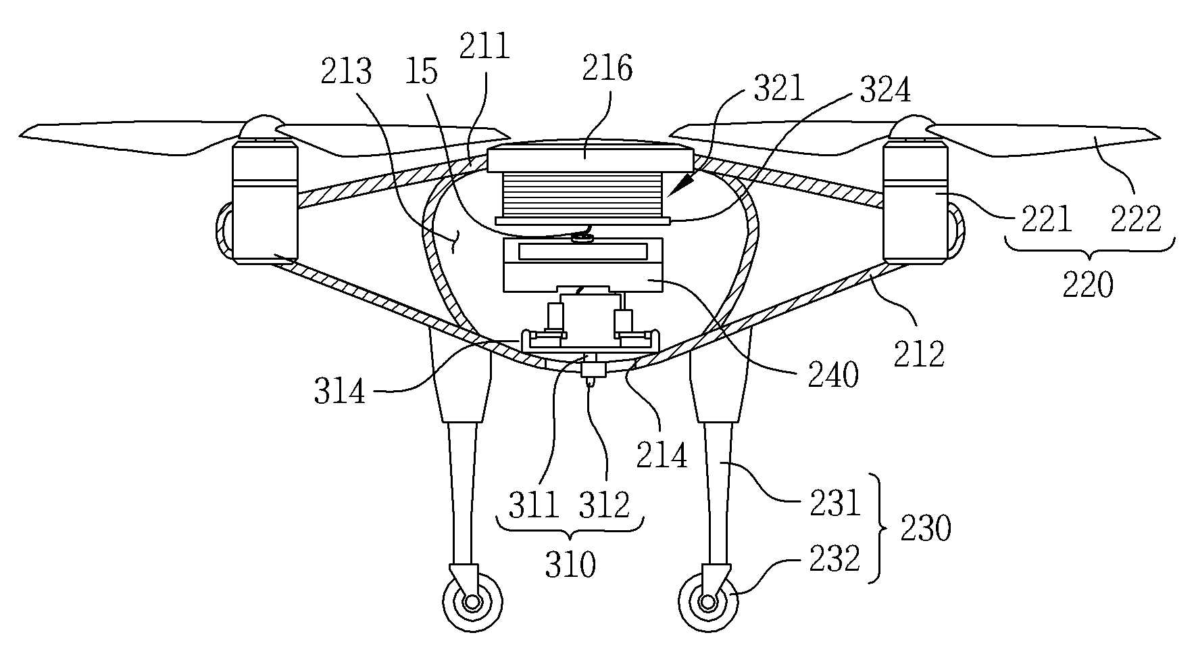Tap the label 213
tap(347, 70)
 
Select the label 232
tap(835, 559)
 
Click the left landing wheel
tap(472, 601)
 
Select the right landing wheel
tap(707, 601)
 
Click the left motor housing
tap(264, 199)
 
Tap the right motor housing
tap(916, 199)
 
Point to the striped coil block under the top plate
tap(582, 193)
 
